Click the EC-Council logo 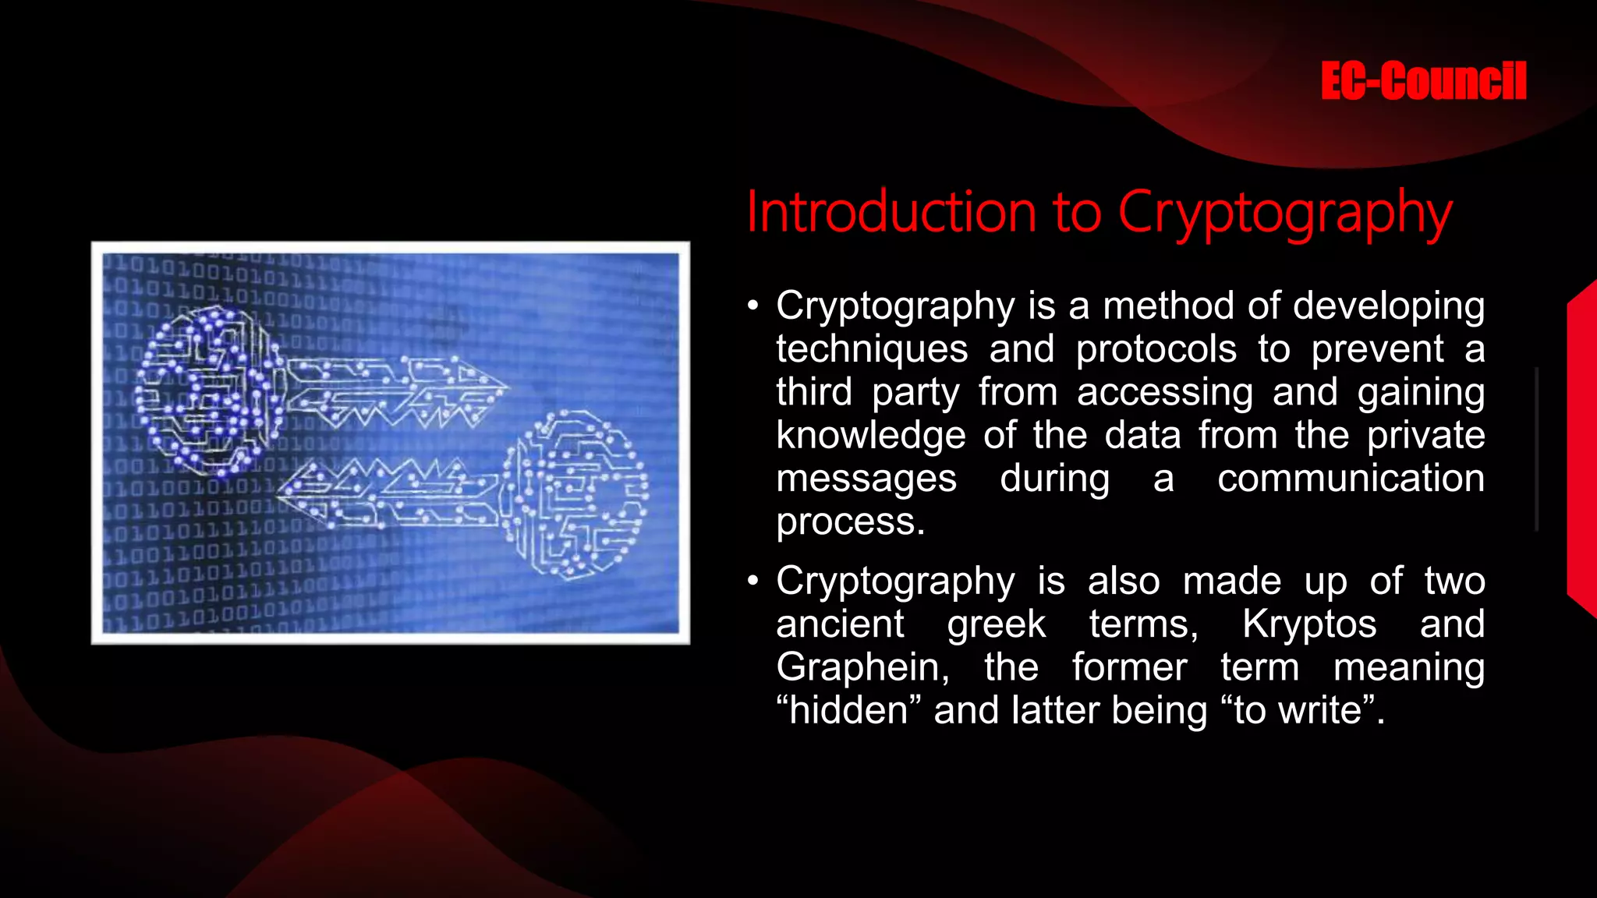[1423, 81]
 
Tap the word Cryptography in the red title [1284, 212]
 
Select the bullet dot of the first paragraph [752, 306]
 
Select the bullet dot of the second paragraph [752, 581]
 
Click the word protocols [1156, 348]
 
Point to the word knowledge [870, 435]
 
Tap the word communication [1351, 478]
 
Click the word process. [849, 521]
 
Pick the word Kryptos [1309, 624]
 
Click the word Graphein [862, 667]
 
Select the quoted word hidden [848, 710]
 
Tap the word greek [996, 624]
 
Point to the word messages [866, 478]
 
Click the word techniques [871, 348]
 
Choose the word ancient [840, 624]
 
